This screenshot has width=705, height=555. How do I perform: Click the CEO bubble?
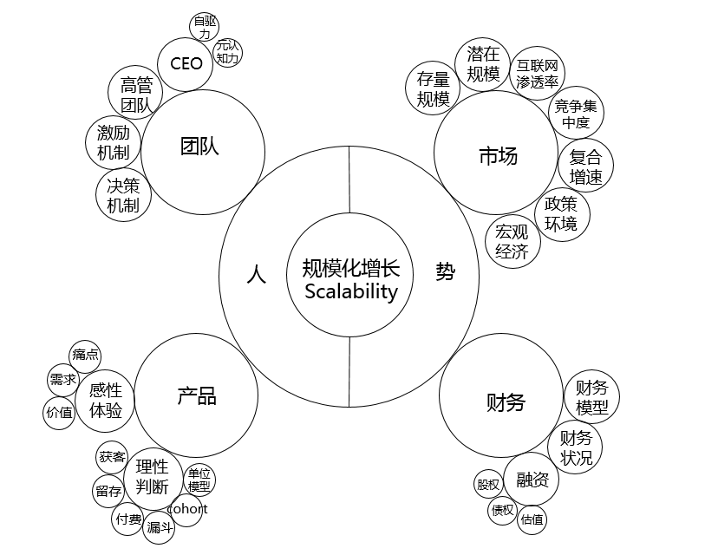[186, 63]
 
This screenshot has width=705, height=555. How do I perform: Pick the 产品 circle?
[197, 396]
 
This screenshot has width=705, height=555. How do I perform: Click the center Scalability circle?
[349, 277]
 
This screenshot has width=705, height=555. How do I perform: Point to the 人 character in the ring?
[256, 273]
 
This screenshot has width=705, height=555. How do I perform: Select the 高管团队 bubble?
[137, 95]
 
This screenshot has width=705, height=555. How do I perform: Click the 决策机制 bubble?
[122, 194]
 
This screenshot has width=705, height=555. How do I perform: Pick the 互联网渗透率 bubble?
[537, 74]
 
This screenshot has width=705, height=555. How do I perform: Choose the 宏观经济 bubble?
[512, 241]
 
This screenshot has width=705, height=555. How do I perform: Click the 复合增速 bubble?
[586, 166]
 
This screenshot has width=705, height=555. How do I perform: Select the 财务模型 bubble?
[591, 396]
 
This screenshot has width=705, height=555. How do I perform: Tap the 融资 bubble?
[531, 480]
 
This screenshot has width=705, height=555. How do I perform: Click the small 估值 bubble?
[532, 519]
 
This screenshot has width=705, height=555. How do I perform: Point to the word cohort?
[187, 508]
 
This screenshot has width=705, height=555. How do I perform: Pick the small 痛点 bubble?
[85, 355]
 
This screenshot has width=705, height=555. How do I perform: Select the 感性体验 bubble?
[106, 401]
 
